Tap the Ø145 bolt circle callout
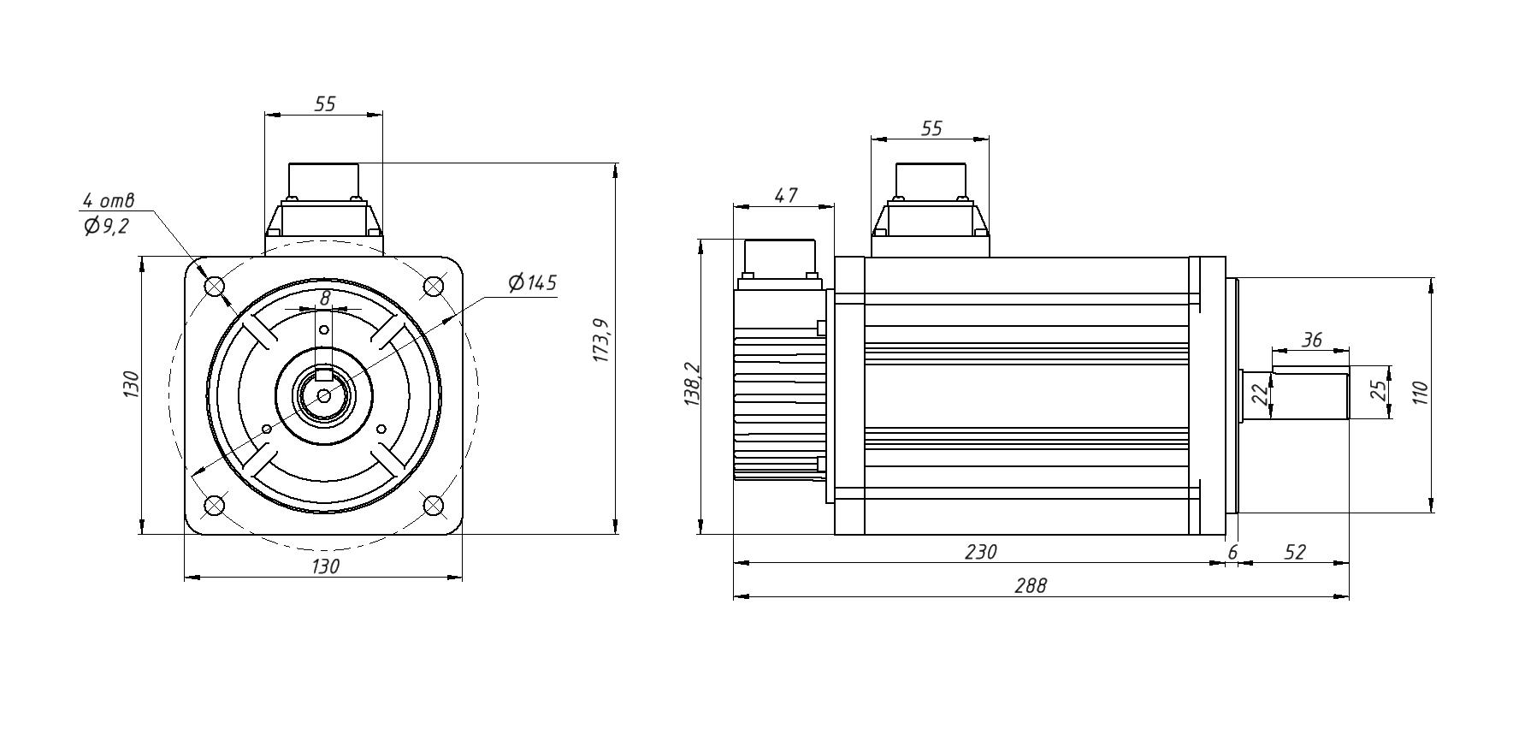[532, 283]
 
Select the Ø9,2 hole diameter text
[106, 227]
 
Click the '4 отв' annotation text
[108, 201]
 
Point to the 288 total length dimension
[1030, 586]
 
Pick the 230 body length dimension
[980, 553]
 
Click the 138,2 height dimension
[692, 385]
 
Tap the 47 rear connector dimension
[785, 195]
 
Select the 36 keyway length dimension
[1311, 340]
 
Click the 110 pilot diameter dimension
[1421, 394]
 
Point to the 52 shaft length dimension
[1295, 553]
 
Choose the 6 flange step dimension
[1232, 553]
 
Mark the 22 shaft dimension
[1259, 394]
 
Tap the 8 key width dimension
[324, 299]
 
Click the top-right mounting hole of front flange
[434, 285]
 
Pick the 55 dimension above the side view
[931, 128]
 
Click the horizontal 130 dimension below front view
[325, 566]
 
